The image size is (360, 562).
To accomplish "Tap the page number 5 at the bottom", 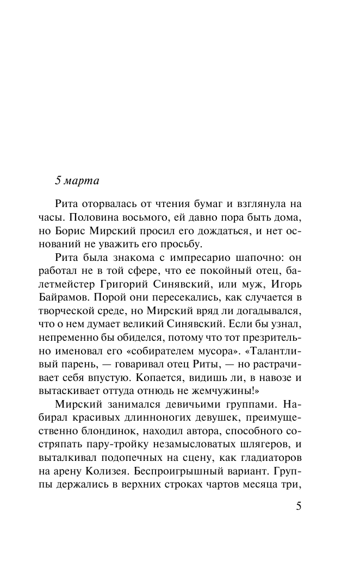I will [297, 506].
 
